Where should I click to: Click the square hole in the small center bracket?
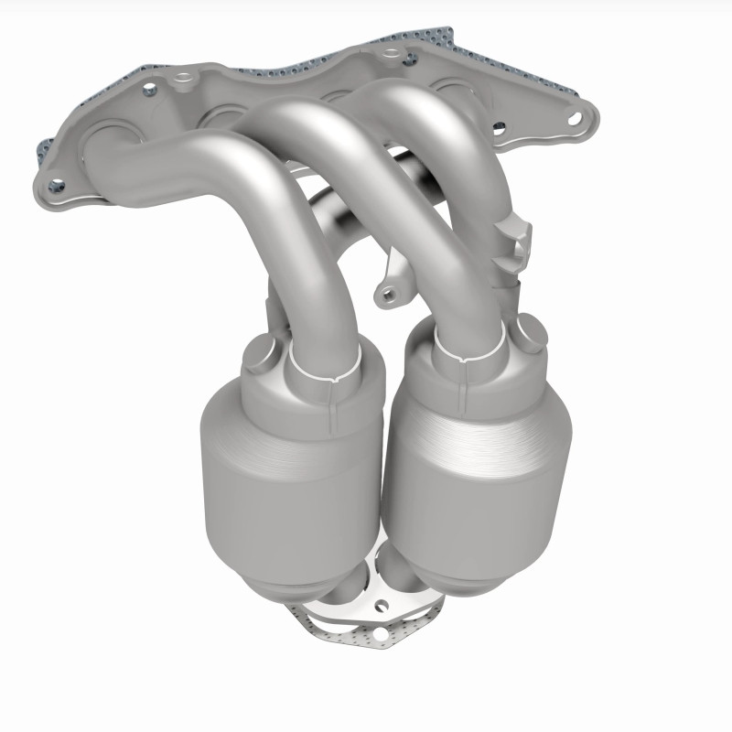[x=390, y=294]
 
